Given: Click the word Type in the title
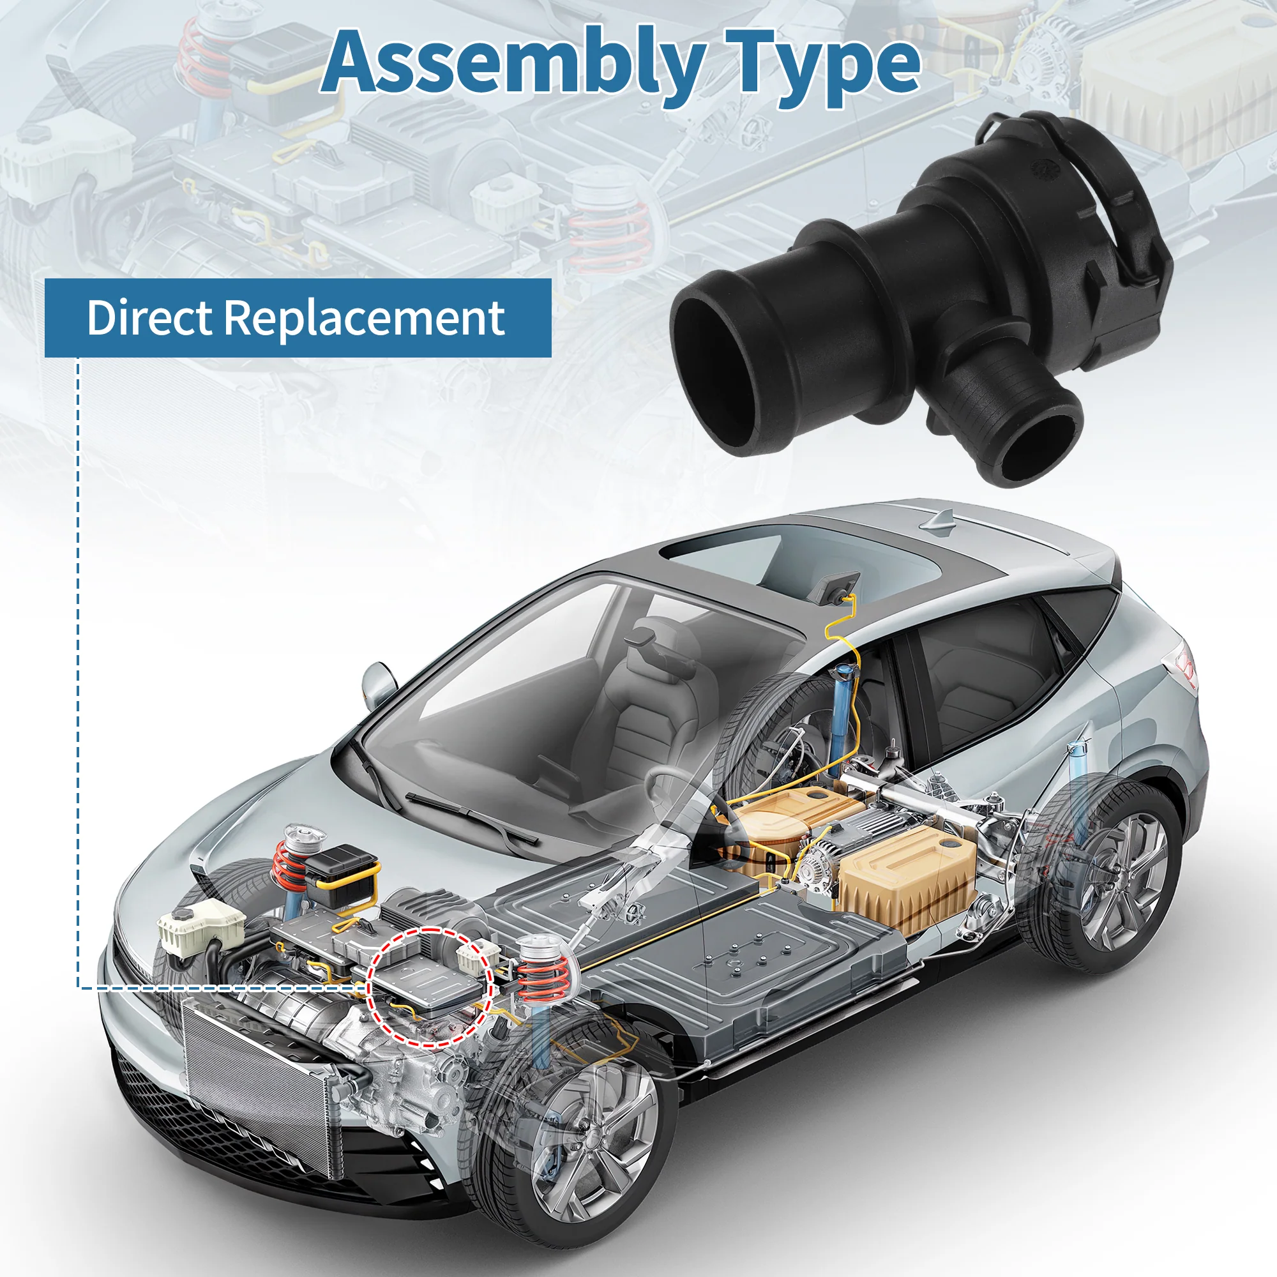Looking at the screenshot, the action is [x=822, y=67].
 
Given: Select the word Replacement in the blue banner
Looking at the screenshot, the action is [x=364, y=319].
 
